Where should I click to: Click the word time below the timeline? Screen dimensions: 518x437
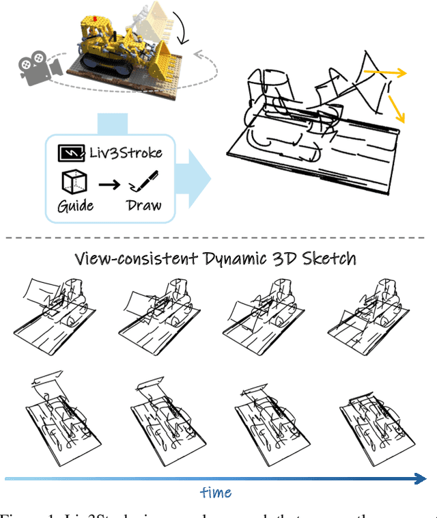coord(216,492)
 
